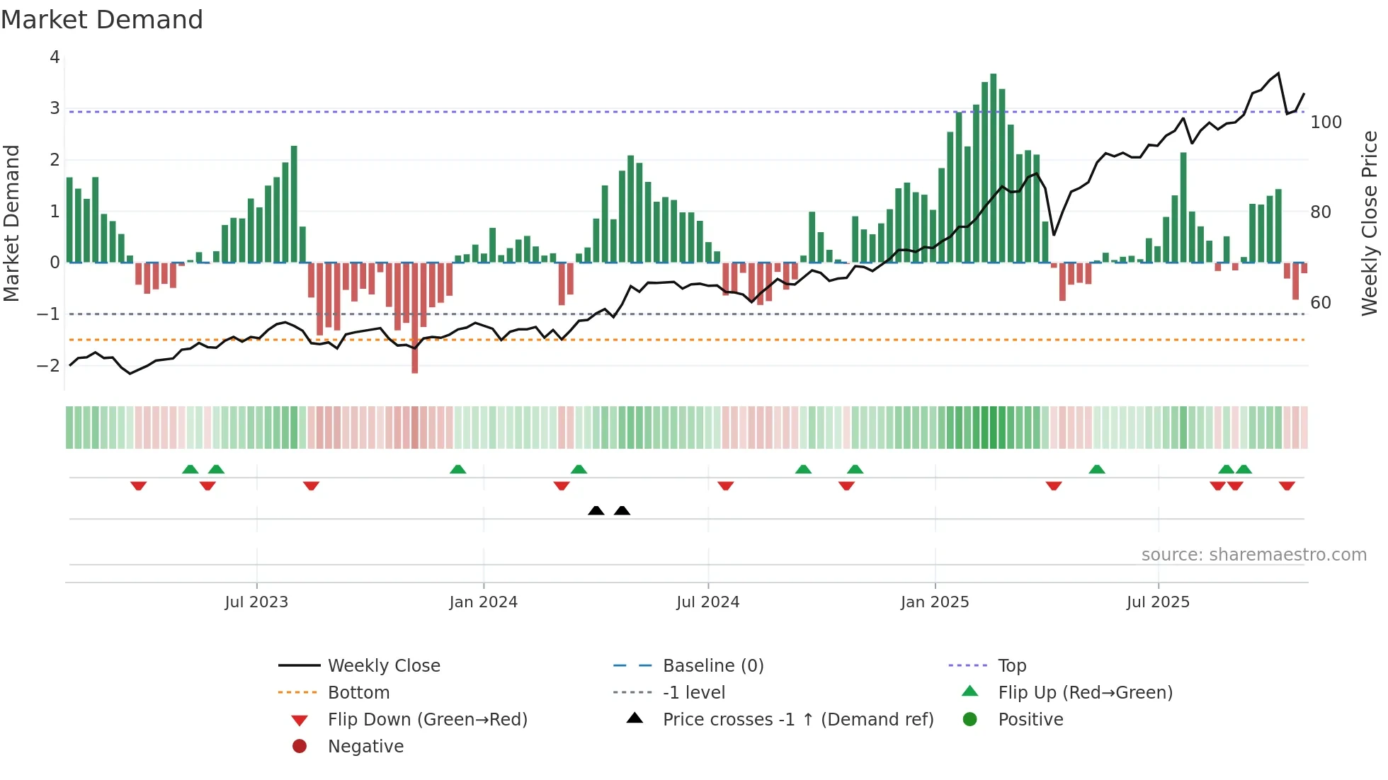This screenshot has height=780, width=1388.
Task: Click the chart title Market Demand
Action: [x=102, y=20]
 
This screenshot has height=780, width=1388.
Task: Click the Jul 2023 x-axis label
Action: [x=256, y=602]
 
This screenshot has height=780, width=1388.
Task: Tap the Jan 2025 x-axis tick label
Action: [x=935, y=602]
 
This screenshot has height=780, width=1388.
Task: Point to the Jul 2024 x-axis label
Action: [x=707, y=602]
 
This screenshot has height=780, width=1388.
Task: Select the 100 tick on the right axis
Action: [x=1326, y=122]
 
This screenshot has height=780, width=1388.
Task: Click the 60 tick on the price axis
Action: [x=1320, y=303]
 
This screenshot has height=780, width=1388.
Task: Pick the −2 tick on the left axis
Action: [x=48, y=366]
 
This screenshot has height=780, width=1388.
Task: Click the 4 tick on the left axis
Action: [x=55, y=57]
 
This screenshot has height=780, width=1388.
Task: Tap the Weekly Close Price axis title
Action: [x=1370, y=223]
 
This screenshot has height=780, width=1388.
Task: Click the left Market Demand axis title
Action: [x=12, y=223]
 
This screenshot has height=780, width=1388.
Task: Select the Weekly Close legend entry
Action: [x=383, y=666]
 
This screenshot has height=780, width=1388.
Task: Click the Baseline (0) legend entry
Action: [x=712, y=666]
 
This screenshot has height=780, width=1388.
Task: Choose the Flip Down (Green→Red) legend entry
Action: [x=427, y=720]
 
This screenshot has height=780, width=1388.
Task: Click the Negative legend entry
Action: [x=365, y=747]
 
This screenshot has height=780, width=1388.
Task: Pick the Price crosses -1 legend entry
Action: [x=797, y=720]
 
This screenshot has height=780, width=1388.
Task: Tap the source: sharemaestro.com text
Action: [x=1253, y=555]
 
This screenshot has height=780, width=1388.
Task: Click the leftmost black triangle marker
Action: [x=596, y=510]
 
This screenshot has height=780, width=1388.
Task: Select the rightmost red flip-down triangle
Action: [x=1287, y=486]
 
